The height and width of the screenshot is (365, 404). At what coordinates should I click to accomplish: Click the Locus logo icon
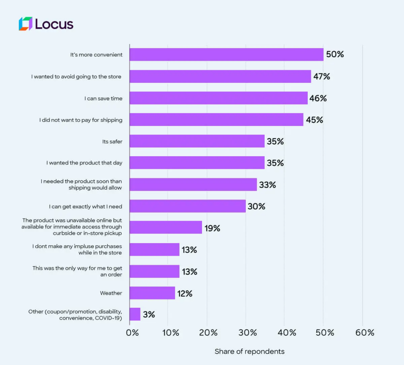(25, 24)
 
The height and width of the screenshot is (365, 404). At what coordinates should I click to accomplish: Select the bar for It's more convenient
(226, 54)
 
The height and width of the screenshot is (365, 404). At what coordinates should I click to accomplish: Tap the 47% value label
(322, 77)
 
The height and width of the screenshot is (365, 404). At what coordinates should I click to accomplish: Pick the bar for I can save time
(219, 98)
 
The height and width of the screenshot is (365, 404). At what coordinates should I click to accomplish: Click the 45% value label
(314, 120)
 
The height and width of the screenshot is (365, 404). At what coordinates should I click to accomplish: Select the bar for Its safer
(197, 141)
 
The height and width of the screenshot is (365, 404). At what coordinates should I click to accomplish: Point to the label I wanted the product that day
(84, 163)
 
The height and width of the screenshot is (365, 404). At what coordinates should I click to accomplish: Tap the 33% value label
(267, 185)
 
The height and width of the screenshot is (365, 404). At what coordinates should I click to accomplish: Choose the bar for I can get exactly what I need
(187, 206)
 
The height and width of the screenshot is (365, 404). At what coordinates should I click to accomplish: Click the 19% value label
(212, 228)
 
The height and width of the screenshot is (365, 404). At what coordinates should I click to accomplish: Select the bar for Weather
(152, 293)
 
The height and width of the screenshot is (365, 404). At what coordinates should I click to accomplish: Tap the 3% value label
(149, 314)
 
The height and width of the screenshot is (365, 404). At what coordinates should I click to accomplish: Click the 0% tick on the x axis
(132, 333)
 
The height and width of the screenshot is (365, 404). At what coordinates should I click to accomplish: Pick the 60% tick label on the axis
(365, 333)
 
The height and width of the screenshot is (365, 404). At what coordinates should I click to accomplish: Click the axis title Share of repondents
(249, 351)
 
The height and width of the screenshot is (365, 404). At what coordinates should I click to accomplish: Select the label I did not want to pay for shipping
(80, 120)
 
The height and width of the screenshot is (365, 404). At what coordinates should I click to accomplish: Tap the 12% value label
(185, 293)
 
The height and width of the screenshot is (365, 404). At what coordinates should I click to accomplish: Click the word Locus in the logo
(54, 24)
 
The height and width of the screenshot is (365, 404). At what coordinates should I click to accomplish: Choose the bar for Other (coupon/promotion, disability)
(135, 314)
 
